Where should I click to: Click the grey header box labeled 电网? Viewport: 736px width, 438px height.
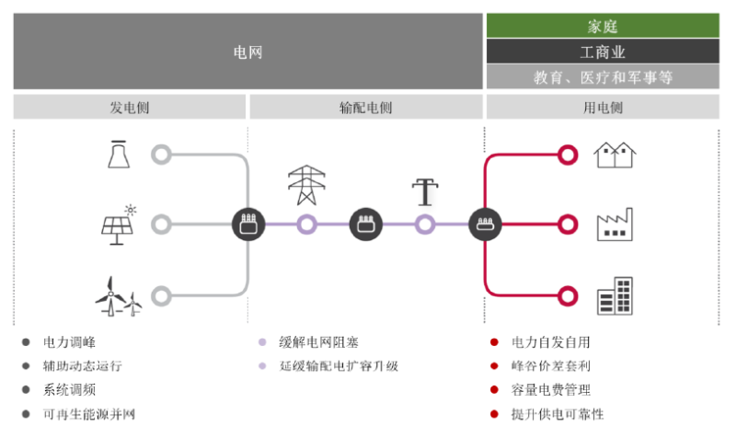pyautogui.click(x=247, y=52)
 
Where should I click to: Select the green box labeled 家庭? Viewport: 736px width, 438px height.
pyautogui.click(x=603, y=26)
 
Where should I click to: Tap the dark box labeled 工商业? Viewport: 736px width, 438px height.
pyautogui.click(x=603, y=52)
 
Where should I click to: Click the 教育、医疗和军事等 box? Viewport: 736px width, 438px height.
pyautogui.click(x=603, y=77)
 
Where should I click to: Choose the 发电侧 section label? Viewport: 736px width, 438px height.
pyautogui.click(x=130, y=108)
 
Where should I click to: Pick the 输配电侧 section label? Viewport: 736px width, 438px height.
pyautogui.click(x=365, y=108)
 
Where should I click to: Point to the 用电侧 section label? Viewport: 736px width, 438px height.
pyautogui.click(x=603, y=108)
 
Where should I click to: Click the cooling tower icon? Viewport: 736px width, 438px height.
pyautogui.click(x=118, y=155)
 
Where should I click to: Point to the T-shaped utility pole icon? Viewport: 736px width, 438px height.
pyautogui.click(x=424, y=191)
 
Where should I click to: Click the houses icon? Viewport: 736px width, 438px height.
pyautogui.click(x=616, y=155)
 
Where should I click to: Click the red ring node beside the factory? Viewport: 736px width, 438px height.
pyautogui.click(x=568, y=225)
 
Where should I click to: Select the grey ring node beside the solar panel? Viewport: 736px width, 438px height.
pyautogui.click(x=162, y=225)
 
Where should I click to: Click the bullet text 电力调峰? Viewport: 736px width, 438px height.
pyautogui.click(x=70, y=342)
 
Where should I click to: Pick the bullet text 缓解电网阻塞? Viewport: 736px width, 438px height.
pyautogui.click(x=314, y=342)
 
